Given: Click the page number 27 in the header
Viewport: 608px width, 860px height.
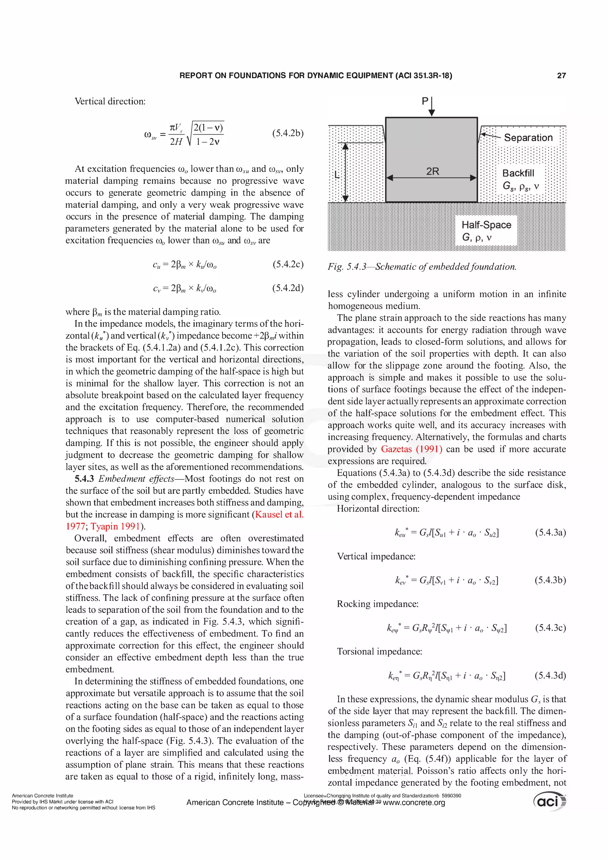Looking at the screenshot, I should pos(561,76).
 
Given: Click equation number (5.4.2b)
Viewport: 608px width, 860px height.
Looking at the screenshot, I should pos(288,133).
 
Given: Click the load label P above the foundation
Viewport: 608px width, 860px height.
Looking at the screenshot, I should pos(425,101).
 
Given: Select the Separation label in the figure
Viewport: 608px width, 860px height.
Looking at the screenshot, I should pos(528,138).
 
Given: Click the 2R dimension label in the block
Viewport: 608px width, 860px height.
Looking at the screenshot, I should pos(432,172).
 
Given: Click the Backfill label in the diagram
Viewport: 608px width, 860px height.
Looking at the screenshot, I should pos(518,173).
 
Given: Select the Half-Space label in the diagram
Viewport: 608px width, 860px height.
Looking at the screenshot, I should pos(486,225).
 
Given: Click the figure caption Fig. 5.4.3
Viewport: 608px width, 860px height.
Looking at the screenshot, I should pos(422,267).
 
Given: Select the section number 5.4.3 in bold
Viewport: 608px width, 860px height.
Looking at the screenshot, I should pos(84,479).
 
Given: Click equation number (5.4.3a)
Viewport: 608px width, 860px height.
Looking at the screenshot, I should pos(550,532).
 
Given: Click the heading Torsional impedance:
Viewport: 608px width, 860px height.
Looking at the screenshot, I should pos(379,651).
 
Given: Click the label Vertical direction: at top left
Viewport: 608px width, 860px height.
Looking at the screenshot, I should pos(110,102).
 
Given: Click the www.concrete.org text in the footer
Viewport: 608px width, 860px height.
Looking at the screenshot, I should pos(414,802).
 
